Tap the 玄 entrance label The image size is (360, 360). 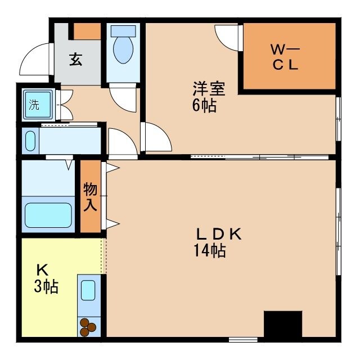coord(76,60)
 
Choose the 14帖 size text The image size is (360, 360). coord(210,251)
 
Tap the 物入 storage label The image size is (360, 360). coord(90,196)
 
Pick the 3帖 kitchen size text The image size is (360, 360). coord(46,287)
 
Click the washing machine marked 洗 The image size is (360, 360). coord(37,105)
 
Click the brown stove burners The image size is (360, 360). coord(88,327)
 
